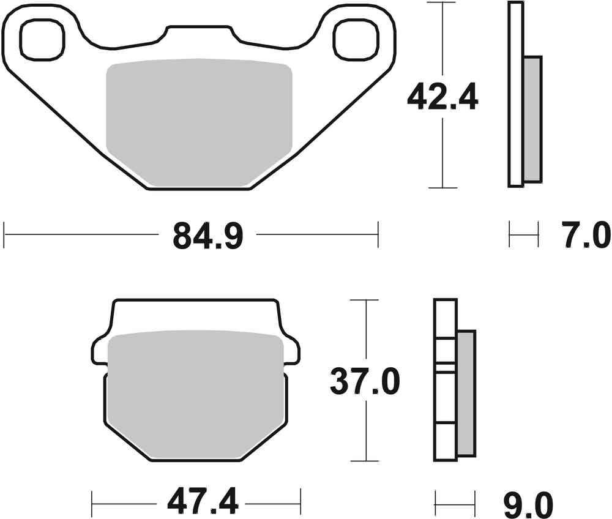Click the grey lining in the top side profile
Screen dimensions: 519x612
pyautogui.click(x=532, y=119)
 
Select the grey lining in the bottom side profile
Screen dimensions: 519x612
pyautogui.click(x=466, y=394)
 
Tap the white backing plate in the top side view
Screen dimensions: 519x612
pyautogui.click(x=516, y=92)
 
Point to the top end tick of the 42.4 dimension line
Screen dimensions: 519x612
pyautogui.click(x=442, y=3)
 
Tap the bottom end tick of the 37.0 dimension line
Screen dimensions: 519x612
pyautogui.click(x=365, y=460)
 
